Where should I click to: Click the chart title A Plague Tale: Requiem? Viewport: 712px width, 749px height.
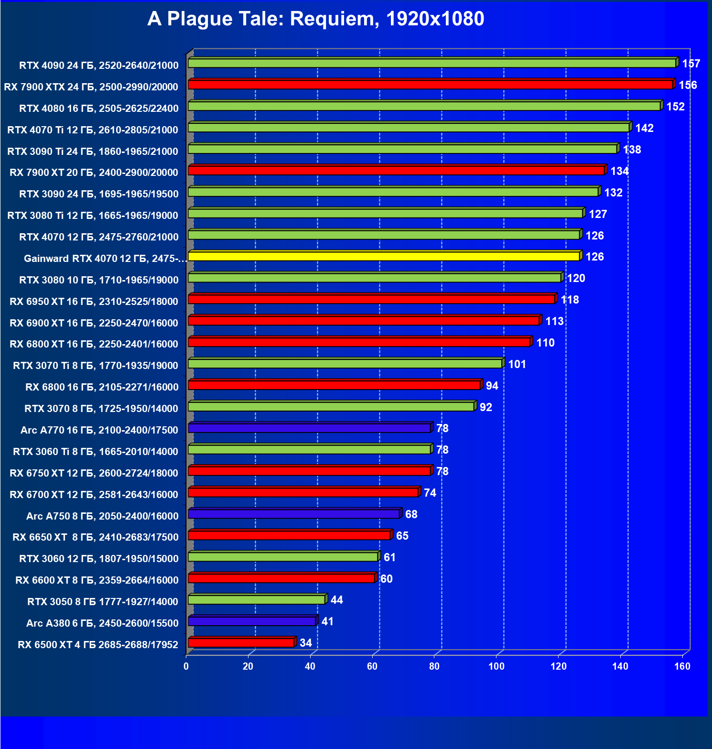(x=315, y=19)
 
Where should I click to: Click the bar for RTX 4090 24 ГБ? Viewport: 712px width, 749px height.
(x=432, y=63)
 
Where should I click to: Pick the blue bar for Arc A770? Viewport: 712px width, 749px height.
(x=309, y=428)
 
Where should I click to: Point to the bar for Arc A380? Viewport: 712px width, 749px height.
(x=252, y=621)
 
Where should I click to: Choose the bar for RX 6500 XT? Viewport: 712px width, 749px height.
(x=241, y=642)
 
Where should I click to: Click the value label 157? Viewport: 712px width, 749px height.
(x=691, y=64)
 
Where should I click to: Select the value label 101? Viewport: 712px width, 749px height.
(x=517, y=364)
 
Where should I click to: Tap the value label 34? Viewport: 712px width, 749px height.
(x=306, y=643)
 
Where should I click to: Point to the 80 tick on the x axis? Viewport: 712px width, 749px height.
(x=434, y=666)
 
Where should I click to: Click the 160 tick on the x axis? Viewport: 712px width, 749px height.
(x=682, y=666)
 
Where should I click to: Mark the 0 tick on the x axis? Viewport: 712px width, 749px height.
(x=186, y=666)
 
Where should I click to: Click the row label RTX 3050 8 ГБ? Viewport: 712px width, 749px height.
(x=102, y=601)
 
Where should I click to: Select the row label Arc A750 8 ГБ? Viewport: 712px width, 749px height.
(x=102, y=516)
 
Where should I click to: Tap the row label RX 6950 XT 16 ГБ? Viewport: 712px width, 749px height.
(x=94, y=301)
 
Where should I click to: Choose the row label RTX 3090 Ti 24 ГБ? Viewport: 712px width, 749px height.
(x=93, y=151)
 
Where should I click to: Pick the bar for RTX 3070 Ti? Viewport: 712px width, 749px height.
(x=345, y=364)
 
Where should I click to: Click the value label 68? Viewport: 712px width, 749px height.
(x=411, y=514)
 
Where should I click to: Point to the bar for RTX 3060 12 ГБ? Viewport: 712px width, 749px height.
(x=283, y=557)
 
